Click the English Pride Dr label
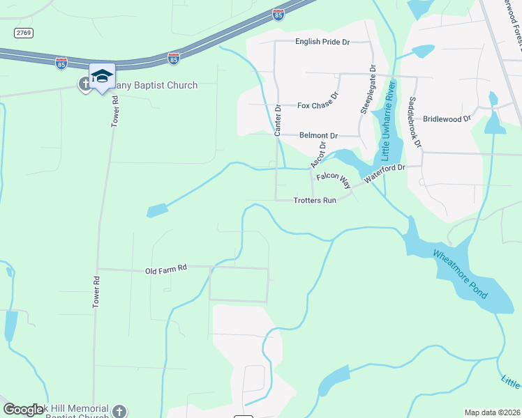pos(322,42)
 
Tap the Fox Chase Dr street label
pos(318,105)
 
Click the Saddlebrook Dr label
pos(417,121)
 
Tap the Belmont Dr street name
pos(318,135)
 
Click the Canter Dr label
pos(278,121)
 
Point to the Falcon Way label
pos(333,178)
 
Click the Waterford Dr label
pos(384,173)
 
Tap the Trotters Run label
pos(315,200)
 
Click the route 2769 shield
pos(23,33)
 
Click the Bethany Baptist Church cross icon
pos(85,84)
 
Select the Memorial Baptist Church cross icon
pos(120,411)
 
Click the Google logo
pos(22,410)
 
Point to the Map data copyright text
pos(491,412)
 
